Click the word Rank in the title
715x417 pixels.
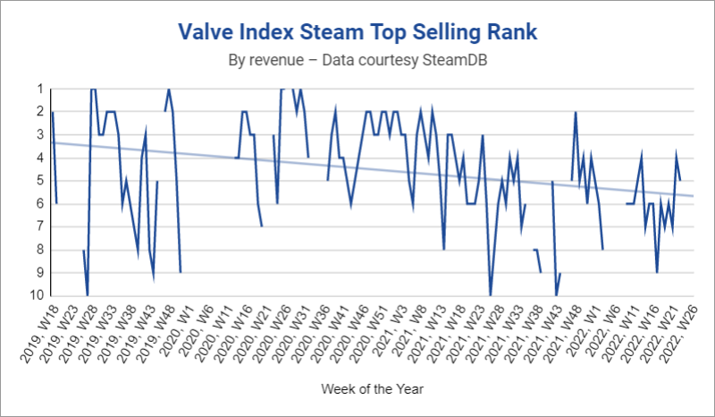[x=511, y=33]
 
